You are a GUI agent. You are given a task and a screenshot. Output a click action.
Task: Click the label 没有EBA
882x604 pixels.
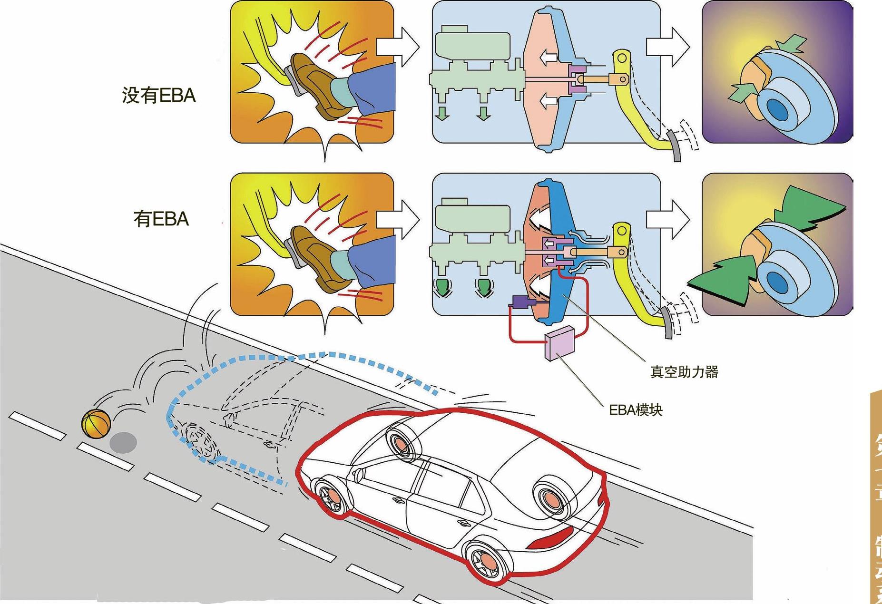(x=159, y=96)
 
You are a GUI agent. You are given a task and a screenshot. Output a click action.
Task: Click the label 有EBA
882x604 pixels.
(x=161, y=219)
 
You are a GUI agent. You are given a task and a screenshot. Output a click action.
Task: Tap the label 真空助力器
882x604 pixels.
(x=684, y=372)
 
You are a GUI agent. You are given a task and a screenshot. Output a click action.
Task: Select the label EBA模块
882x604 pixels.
(x=636, y=410)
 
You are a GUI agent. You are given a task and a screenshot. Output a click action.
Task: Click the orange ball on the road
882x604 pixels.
(x=96, y=423)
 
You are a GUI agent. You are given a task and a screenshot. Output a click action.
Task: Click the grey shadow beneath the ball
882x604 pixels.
(x=123, y=442)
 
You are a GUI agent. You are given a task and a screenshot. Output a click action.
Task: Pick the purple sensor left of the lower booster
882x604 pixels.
(x=522, y=301)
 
